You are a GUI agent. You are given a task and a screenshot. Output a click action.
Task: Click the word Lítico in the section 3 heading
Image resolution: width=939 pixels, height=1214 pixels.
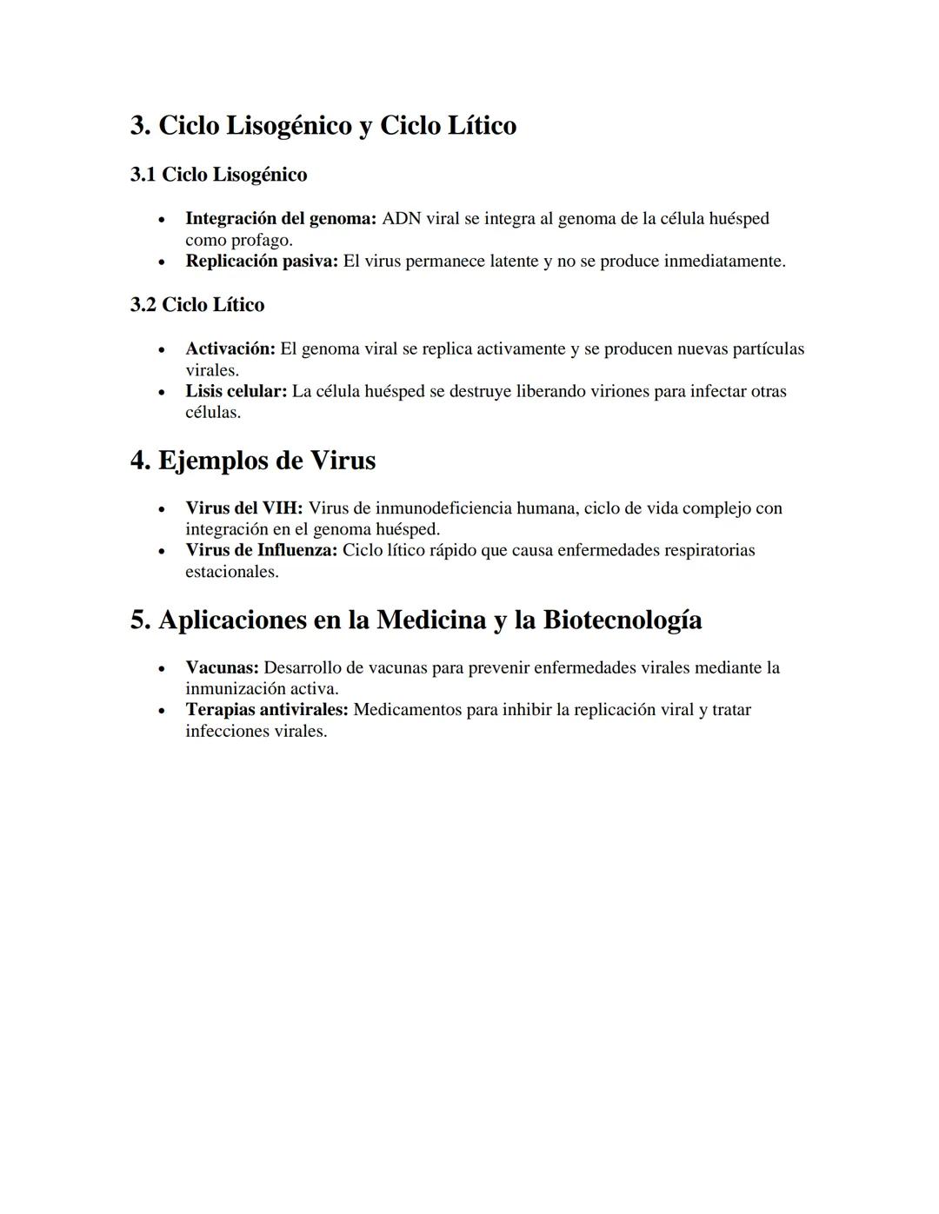pyautogui.click(x=482, y=126)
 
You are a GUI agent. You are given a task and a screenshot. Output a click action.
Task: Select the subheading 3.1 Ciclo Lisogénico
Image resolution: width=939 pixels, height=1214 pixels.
pyautogui.click(x=218, y=175)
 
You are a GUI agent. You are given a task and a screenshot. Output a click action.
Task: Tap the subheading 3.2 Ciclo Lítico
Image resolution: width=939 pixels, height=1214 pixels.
pyautogui.click(x=197, y=305)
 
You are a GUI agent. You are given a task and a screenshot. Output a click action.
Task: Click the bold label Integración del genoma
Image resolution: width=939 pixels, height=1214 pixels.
pyautogui.click(x=280, y=218)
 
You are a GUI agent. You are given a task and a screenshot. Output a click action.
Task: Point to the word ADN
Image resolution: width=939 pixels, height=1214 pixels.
pyautogui.click(x=401, y=218)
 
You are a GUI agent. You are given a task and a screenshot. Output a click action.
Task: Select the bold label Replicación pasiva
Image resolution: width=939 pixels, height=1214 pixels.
pyautogui.click(x=261, y=261)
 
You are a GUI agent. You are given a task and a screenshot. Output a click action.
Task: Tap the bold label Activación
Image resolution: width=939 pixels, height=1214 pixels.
pyautogui.click(x=230, y=348)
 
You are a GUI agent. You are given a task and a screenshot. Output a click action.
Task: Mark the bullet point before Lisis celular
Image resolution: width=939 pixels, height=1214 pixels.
pyautogui.click(x=161, y=392)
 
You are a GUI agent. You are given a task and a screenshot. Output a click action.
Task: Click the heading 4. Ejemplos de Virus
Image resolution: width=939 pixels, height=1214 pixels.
pyautogui.click(x=253, y=461)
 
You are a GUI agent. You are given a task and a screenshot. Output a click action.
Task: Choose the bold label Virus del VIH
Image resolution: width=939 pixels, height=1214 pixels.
pyautogui.click(x=243, y=507)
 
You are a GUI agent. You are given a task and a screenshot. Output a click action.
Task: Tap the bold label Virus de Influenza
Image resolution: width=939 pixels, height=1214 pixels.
pyautogui.click(x=261, y=550)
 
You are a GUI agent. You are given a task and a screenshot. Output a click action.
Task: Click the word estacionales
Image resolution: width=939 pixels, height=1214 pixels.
pyautogui.click(x=231, y=572)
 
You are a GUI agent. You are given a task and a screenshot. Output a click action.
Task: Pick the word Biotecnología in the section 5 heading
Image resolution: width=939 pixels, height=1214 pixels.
pyautogui.click(x=623, y=620)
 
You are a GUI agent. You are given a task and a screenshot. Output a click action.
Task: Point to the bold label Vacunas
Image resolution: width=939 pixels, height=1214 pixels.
pyautogui.click(x=222, y=667)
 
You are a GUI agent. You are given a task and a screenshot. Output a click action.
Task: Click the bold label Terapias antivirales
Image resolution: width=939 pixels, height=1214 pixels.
pyautogui.click(x=266, y=710)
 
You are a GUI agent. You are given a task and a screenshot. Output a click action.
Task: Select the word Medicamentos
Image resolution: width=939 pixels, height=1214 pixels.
pyautogui.click(x=407, y=710)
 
